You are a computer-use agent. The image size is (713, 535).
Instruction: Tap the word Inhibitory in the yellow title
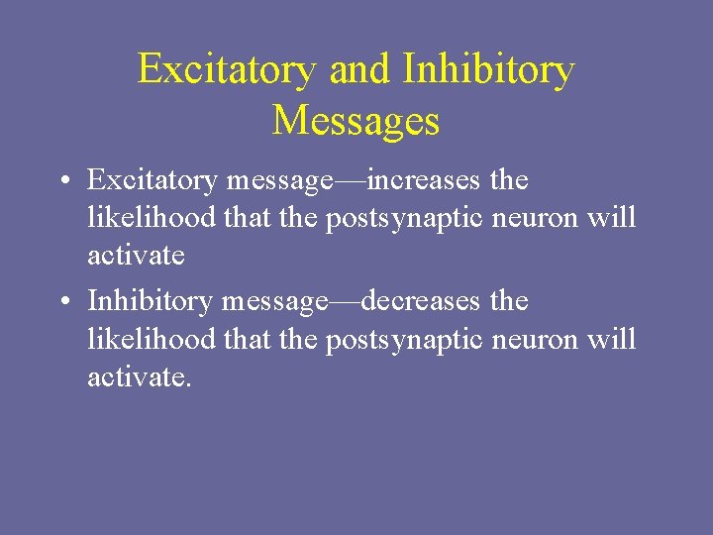pos(488,69)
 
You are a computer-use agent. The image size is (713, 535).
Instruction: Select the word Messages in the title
pos(356,120)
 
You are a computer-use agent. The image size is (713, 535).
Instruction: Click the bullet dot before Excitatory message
pos(62,182)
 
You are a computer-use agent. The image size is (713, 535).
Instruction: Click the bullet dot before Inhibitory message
pos(62,302)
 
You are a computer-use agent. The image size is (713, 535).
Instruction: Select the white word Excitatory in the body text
pos(152,180)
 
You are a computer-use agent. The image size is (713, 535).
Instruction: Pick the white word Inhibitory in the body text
pos(150,300)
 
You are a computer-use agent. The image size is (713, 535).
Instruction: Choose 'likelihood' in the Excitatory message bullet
pos(151,218)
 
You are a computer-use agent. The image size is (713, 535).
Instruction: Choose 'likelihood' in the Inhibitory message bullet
pos(151,338)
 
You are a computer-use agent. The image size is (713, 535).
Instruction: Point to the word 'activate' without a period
pos(136,256)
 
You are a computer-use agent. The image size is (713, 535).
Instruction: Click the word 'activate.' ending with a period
pos(139,375)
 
